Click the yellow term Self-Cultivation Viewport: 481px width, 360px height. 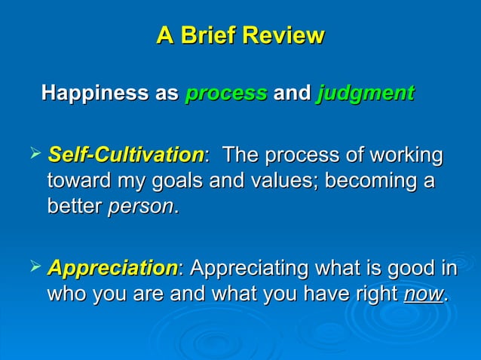125,157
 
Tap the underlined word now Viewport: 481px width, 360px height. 424,294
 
